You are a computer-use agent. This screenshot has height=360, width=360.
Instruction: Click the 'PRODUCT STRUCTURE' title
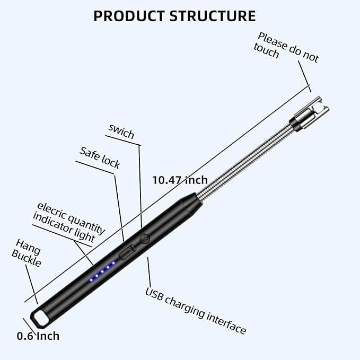tap(174, 16)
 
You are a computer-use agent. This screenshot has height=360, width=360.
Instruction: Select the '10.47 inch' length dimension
tap(180, 180)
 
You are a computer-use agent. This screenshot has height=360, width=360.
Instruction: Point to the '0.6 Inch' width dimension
tap(38, 336)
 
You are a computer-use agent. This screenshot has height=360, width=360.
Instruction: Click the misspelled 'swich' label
tap(121, 130)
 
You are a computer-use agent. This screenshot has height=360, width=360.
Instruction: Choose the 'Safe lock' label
tap(100, 157)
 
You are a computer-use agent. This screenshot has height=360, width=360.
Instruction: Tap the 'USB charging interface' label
tap(196, 311)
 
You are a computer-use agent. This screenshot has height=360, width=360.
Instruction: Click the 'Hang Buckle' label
tap(27, 253)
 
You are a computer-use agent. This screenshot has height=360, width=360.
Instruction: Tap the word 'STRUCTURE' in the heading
tap(212, 16)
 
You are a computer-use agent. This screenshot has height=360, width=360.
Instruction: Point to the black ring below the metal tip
tap(294, 126)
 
